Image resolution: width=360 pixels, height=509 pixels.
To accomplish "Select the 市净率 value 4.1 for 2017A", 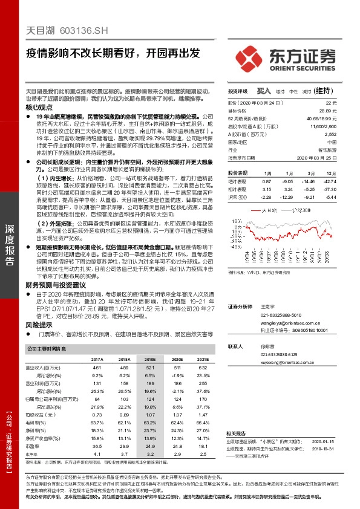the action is pos(97,453).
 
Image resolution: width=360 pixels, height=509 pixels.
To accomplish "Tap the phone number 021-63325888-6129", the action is pos(279,354).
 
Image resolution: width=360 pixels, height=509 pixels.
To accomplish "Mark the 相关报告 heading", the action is pos(237,433).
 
